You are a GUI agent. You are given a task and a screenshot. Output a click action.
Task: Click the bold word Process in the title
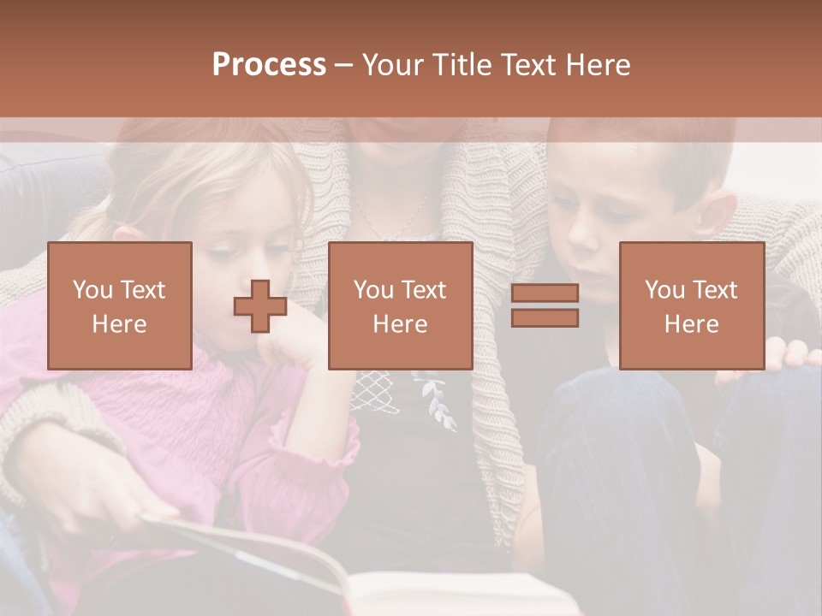pyautogui.click(x=269, y=65)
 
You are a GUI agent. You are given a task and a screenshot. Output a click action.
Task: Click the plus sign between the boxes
pyautogui.click(x=260, y=305)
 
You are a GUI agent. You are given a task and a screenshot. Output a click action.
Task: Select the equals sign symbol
pyautogui.click(x=545, y=305)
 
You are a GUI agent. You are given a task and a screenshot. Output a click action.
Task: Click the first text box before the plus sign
pyautogui.click(x=119, y=305)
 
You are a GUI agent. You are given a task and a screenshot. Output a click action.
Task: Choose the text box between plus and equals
pyautogui.click(x=400, y=305)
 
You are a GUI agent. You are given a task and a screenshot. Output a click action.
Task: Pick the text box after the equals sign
pyautogui.click(x=691, y=305)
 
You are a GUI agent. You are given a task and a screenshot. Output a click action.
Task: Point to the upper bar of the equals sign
pyautogui.click(x=545, y=293)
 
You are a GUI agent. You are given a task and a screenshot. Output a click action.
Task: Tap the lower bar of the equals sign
pyautogui.click(x=545, y=318)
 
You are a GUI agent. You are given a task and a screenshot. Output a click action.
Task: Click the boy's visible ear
pyautogui.click(x=722, y=214)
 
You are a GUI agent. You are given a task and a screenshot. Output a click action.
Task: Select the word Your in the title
pyautogui.click(x=390, y=65)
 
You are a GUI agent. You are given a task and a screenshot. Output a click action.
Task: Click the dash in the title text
pyautogui.click(x=342, y=65)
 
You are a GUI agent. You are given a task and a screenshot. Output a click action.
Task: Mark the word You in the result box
pyautogui.click(x=663, y=290)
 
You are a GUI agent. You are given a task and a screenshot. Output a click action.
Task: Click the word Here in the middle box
pyautogui.click(x=400, y=324)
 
